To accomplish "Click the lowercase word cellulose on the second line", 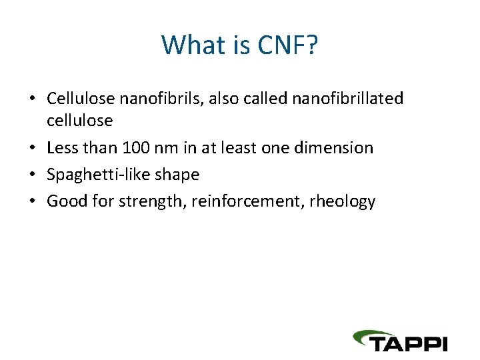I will tap(79, 120).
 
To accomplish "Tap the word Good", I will tap(66, 201).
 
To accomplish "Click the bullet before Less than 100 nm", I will tap(32, 148).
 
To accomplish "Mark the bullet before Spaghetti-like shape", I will tap(32, 175).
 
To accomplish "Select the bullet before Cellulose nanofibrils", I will tap(32, 99).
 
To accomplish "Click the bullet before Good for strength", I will tap(32, 201).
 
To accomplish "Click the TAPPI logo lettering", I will tap(408, 343).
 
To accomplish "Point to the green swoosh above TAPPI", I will tap(380, 333).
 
